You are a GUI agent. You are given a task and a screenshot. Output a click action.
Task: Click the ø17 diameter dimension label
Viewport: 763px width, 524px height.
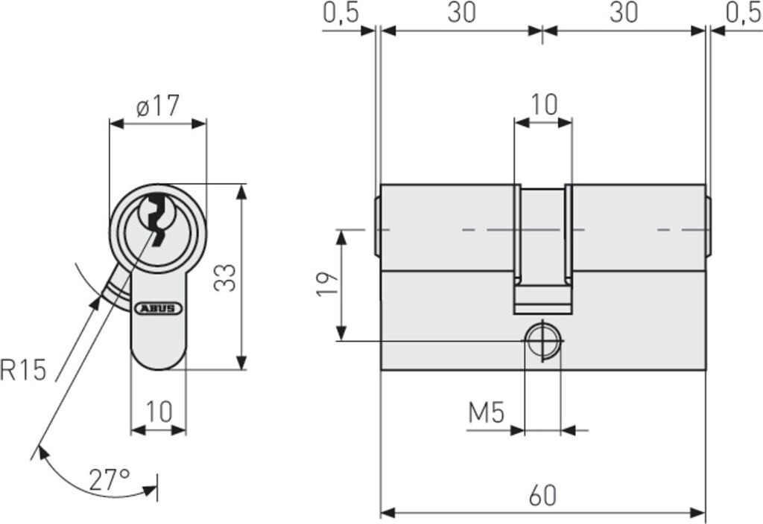pyautogui.click(x=158, y=106)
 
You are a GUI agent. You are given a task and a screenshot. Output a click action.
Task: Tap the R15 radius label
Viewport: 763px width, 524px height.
pyautogui.click(x=24, y=369)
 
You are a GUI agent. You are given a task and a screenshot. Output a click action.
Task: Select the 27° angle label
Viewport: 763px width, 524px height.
pyautogui.click(x=110, y=479)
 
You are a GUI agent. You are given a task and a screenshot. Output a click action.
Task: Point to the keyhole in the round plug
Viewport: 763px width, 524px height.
pyautogui.click(x=157, y=216)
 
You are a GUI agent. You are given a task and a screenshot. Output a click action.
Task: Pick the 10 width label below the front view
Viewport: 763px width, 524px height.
pyautogui.click(x=159, y=412)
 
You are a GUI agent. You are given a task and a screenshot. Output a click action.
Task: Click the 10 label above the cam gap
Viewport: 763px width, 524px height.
pyautogui.click(x=544, y=105)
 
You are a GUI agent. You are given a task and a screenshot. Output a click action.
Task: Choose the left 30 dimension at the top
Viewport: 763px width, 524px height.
pyautogui.click(x=462, y=13)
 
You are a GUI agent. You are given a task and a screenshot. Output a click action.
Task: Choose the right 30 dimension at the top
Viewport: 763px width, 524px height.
pyautogui.click(x=624, y=13)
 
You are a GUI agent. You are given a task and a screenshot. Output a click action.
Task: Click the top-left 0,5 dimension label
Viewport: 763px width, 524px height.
pyautogui.click(x=341, y=13)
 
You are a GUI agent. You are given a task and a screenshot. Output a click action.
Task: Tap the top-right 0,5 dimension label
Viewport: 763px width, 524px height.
pyautogui.click(x=744, y=13)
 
